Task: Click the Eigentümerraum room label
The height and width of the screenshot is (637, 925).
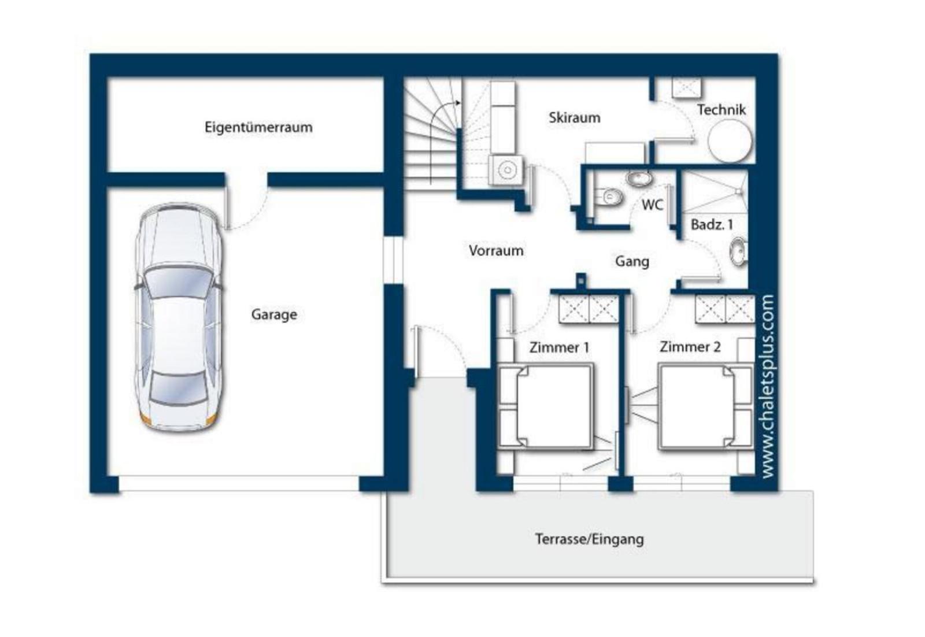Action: click(258, 127)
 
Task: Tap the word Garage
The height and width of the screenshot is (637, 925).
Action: click(274, 314)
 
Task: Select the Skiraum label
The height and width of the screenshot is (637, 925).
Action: click(575, 118)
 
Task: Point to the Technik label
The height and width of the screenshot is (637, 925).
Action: click(721, 109)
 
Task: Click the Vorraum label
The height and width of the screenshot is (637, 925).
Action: click(496, 251)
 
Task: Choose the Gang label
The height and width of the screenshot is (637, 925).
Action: click(632, 262)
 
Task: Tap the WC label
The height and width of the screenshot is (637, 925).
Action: click(652, 205)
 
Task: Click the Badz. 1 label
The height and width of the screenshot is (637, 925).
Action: click(712, 225)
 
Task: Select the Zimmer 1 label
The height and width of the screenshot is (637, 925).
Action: click(559, 347)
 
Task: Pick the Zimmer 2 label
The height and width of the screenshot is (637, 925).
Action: click(690, 347)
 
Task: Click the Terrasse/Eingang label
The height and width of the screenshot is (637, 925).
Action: click(589, 539)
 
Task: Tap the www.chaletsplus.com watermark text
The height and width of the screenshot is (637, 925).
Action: click(768, 386)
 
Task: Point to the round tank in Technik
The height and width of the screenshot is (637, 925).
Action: click(730, 142)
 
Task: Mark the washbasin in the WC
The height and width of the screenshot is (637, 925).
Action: click(639, 179)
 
